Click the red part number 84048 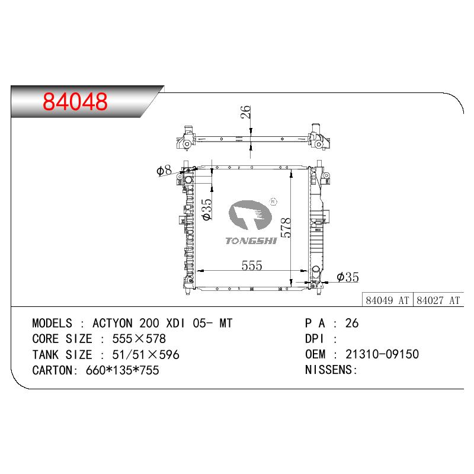(75, 101)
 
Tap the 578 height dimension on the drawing (286, 228)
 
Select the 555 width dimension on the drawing (252, 265)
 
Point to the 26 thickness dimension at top (246, 111)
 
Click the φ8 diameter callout (164, 170)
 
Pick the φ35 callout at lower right (348, 277)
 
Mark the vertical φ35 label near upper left (207, 209)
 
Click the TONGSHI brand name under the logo (251, 241)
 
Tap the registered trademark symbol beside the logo (273, 201)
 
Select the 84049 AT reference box (387, 300)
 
